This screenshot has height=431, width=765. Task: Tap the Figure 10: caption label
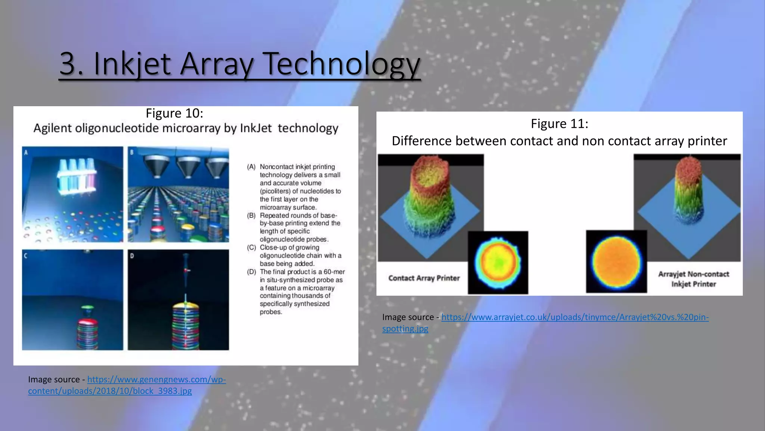(x=174, y=113)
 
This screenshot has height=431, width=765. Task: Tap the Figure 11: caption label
(x=559, y=123)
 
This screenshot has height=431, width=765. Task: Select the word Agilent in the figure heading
(x=52, y=128)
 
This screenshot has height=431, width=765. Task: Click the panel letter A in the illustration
(x=26, y=152)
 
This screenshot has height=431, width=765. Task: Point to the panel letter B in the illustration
(x=131, y=152)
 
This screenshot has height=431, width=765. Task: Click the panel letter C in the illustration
(x=26, y=256)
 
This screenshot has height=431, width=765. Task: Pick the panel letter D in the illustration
(x=132, y=256)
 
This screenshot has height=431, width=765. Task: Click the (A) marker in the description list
(x=251, y=167)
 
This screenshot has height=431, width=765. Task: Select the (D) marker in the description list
(x=251, y=272)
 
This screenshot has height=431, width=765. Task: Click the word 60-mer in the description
(x=334, y=272)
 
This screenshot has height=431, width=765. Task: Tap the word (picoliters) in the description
(x=275, y=191)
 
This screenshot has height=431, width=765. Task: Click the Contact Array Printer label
(x=424, y=278)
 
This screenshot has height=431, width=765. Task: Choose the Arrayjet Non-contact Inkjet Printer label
(x=693, y=279)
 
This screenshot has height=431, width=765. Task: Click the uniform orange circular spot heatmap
(x=616, y=262)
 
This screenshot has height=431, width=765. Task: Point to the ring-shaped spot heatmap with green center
(x=498, y=262)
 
